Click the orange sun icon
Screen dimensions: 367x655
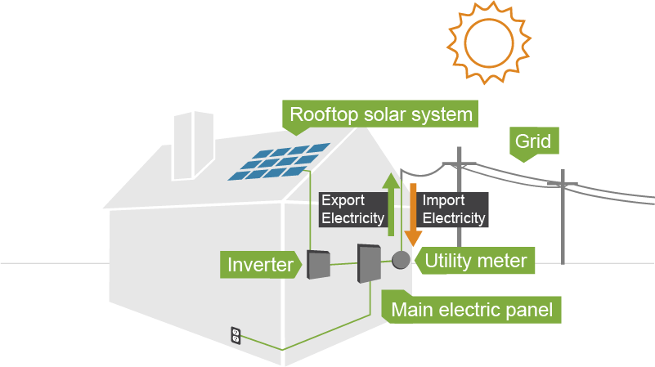click(x=487, y=40)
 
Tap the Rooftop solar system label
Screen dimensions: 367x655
click(x=381, y=114)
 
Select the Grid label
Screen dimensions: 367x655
click(x=532, y=141)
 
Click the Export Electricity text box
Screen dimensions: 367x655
click(x=352, y=209)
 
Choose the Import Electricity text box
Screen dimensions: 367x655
click(x=454, y=209)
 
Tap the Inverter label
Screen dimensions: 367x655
click(x=260, y=265)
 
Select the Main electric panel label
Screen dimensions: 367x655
click(x=471, y=310)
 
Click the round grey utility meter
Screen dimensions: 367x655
click(x=400, y=261)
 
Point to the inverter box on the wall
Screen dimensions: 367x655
click(x=317, y=264)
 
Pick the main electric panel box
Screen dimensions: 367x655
click(x=369, y=263)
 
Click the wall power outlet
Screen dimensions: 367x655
click(x=236, y=335)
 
